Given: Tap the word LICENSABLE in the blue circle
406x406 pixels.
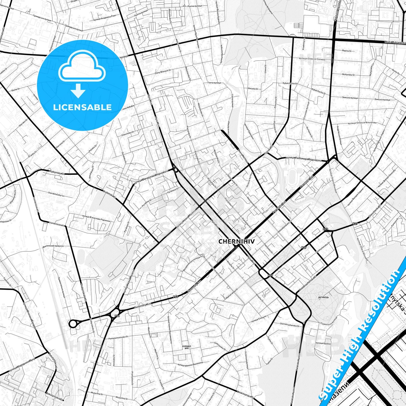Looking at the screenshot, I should coord(82,107).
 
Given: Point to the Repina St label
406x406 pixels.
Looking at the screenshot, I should coord(347,51).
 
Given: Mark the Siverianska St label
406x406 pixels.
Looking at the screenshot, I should coord(220,345).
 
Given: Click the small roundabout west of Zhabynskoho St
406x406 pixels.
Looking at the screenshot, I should coord(73,324).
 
